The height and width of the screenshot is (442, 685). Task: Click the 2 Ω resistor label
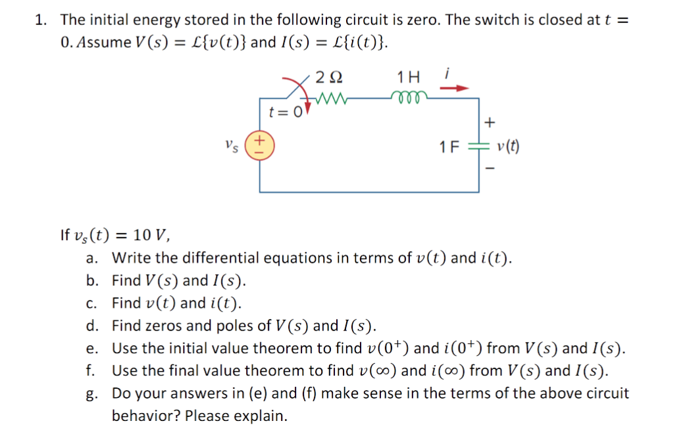coord(328,77)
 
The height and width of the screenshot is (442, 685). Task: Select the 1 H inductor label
coord(409,77)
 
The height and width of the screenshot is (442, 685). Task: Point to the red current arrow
coord(459,87)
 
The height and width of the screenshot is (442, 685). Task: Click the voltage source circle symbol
coord(259,144)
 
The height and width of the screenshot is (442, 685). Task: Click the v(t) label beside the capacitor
coord(508,146)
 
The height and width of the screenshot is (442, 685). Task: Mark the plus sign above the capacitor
coord(488,122)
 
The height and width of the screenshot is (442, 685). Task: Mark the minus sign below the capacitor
coord(488,170)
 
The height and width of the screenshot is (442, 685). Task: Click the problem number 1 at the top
coord(39,19)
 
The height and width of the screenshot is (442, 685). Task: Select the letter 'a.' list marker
coord(92,257)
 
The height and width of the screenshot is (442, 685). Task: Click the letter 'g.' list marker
coord(92,394)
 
